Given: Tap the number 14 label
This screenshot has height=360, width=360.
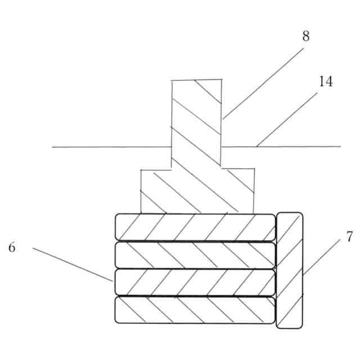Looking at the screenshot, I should click(325, 82).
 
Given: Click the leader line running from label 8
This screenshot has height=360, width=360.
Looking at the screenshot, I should click(263, 78).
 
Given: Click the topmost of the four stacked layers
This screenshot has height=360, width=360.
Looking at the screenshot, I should click(195, 227).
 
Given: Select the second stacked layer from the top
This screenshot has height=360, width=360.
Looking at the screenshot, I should click(195, 255).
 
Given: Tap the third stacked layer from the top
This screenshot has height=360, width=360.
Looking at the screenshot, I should click(195, 282).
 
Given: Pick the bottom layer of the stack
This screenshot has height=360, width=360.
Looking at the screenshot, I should click(195, 309).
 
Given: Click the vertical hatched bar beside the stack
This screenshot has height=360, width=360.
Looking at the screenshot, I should click(290, 270).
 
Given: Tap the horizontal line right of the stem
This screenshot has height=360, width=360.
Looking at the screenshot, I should click(281, 147).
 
